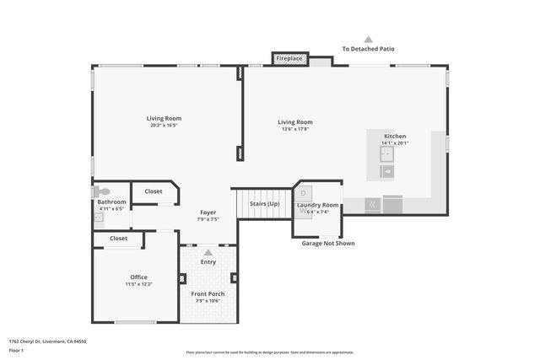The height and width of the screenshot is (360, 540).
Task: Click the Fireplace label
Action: (289, 58)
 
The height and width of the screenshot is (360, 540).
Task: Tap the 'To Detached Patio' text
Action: (368, 50)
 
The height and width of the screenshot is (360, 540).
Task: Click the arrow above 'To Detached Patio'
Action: (368, 39)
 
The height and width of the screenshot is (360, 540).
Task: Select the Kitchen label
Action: (395, 136)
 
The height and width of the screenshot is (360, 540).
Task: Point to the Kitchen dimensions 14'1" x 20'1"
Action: (395, 143)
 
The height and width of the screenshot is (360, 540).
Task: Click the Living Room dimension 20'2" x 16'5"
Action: (164, 125)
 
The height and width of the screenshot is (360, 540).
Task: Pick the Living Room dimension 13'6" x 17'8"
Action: (295, 129)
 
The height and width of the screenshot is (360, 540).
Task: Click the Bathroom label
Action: (111, 201)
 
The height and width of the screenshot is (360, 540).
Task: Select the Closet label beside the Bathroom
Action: (153, 191)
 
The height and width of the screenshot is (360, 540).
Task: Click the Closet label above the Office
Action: (118, 239)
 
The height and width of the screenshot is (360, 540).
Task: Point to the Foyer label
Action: (208, 212)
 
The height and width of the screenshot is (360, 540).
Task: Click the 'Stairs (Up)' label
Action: (264, 204)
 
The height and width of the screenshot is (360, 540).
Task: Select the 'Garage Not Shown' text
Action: (328, 244)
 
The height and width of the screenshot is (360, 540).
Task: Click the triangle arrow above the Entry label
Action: (208, 252)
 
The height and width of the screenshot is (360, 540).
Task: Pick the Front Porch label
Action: (208, 293)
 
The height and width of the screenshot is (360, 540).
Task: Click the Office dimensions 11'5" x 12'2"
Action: (138, 284)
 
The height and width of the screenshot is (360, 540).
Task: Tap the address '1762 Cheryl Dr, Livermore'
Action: (47, 341)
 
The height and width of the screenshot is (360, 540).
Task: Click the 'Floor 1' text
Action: (17, 349)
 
